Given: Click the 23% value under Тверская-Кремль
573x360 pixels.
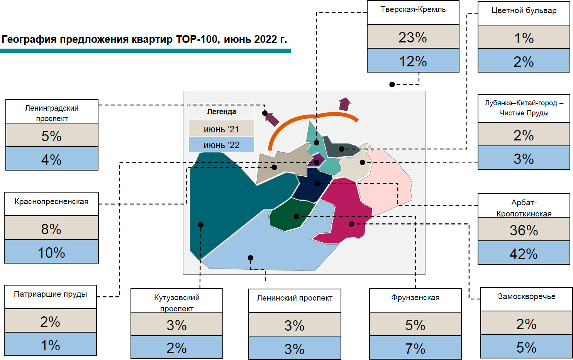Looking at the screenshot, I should coord(413,37).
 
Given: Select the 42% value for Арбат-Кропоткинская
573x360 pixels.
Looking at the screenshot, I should coord(524,254).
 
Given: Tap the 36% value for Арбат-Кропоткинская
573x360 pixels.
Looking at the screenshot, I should coord(524,230).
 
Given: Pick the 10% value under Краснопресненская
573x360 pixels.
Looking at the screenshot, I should coord(51,252).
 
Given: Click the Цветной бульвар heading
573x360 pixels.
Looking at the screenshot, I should coord(524,11).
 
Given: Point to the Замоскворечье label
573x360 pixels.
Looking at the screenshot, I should coord(526,296).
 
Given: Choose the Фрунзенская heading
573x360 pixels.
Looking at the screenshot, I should coord(415,297).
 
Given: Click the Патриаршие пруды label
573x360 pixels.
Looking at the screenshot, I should coord(50,294).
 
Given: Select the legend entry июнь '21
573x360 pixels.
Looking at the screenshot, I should coord(221,129).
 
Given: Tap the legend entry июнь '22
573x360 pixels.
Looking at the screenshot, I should coord(221,145).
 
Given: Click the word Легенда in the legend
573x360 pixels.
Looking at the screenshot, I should coord(221,112).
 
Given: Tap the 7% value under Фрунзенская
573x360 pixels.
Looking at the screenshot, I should coord(415,348).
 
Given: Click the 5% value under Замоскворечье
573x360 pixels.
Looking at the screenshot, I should coord(526,347).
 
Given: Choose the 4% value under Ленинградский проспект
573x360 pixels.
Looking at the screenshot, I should coord(51,159).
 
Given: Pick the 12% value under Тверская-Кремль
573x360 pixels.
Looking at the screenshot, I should coord(413,61).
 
